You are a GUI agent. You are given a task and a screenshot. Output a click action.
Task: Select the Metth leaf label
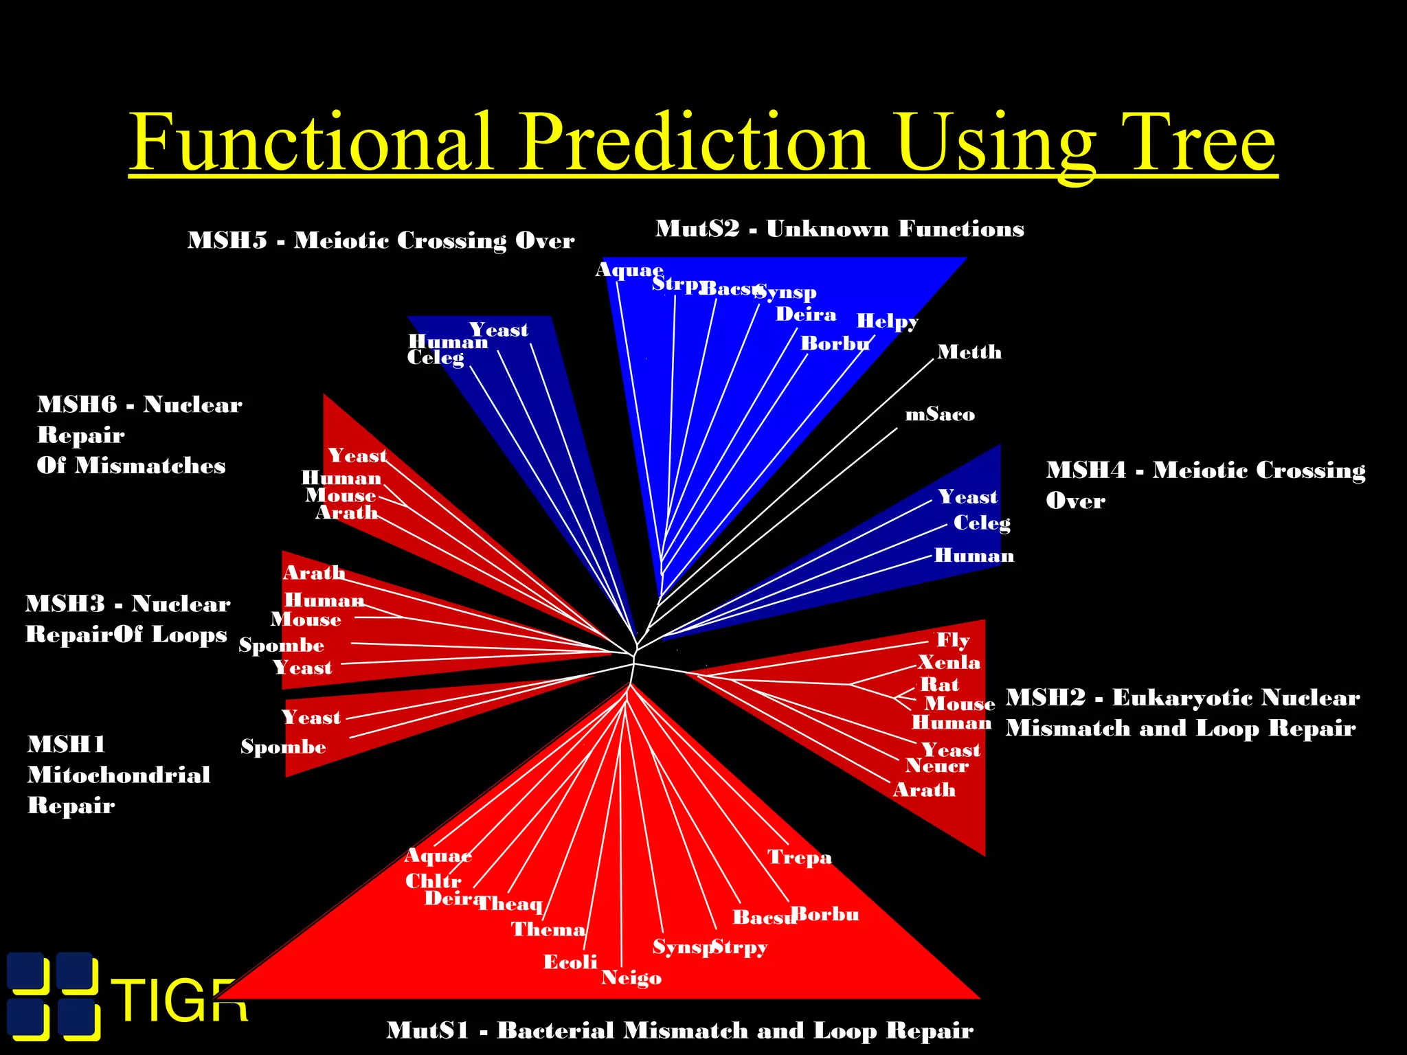pos(969,352)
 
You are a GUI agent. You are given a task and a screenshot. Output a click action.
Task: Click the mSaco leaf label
pos(940,414)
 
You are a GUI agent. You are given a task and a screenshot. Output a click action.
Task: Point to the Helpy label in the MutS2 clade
pos(886,321)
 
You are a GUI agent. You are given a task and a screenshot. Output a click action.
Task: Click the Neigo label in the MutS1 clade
pos(631,977)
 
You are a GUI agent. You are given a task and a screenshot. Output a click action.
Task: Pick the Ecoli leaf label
pos(570,962)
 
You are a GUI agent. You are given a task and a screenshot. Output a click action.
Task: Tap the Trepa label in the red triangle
pos(800,857)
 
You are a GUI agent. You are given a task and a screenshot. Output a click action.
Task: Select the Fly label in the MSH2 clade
pos(953,640)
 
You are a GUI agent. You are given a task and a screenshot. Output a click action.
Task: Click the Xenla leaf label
pos(949,662)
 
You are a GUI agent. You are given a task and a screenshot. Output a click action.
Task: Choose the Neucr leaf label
pos(936,766)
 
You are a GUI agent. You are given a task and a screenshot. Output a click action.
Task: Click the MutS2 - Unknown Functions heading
pos(840,229)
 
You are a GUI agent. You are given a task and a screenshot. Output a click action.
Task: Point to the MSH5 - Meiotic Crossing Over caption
pos(381,240)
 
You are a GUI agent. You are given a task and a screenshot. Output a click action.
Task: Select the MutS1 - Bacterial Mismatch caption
pos(679,1030)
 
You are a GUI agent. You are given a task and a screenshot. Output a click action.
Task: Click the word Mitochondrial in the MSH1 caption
pos(119,775)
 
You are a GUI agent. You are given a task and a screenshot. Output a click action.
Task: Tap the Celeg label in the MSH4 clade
pos(982,523)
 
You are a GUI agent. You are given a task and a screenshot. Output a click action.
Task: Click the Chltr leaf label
pos(433,881)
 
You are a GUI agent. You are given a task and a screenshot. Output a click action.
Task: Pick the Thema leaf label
pos(548,929)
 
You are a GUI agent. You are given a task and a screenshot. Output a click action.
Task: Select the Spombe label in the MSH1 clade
pos(283,747)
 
